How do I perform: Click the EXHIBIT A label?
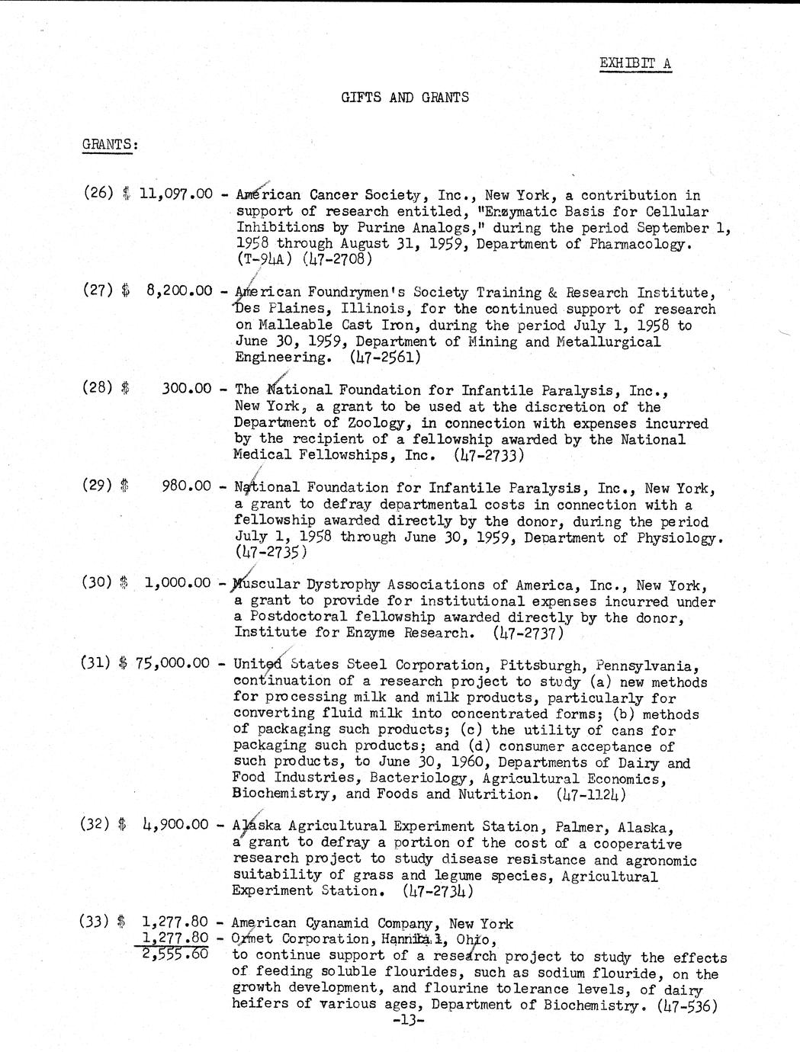[x=635, y=63]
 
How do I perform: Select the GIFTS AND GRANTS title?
[x=404, y=97]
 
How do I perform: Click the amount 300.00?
[x=187, y=388]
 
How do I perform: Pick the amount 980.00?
[x=187, y=486]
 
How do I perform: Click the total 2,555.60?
[x=176, y=953]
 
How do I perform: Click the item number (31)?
[x=97, y=662]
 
